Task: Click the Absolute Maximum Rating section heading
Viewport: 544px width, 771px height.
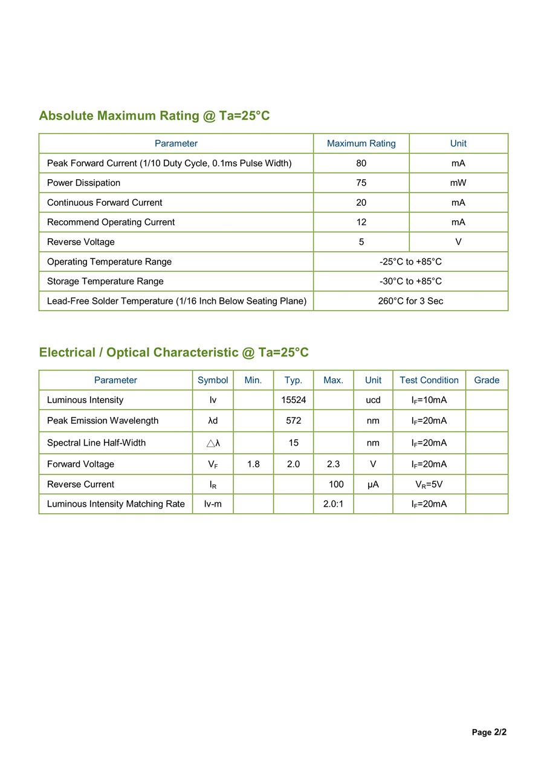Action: coord(154,116)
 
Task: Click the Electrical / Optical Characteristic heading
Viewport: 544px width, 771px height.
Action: coord(173,352)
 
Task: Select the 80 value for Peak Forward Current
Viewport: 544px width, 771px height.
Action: coord(361,163)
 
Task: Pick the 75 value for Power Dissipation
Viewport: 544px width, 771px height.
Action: coord(361,183)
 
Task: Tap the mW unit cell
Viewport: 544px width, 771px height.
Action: coord(458,183)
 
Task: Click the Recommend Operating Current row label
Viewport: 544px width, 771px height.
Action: coord(111,222)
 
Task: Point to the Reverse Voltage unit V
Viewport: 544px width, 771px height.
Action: coord(458,242)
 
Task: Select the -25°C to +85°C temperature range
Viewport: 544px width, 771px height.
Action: coord(410,261)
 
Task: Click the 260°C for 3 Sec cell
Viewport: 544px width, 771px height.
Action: coord(410,301)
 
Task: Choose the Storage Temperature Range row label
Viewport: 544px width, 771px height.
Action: coord(105,281)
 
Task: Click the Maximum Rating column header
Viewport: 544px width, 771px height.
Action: coord(361,143)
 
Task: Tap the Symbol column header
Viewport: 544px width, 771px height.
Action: coord(213,380)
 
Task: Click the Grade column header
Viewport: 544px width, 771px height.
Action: coord(487,380)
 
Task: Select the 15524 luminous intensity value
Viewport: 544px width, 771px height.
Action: coord(293,400)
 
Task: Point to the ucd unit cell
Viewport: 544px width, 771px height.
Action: coord(373,400)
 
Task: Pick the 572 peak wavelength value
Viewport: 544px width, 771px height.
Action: coord(293,421)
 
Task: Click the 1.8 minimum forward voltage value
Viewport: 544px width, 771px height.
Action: coord(253,464)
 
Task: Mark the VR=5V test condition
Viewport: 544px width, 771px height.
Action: coord(429,484)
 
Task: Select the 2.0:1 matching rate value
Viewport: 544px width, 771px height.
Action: coord(333,504)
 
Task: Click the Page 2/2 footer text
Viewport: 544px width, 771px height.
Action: coord(489,732)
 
